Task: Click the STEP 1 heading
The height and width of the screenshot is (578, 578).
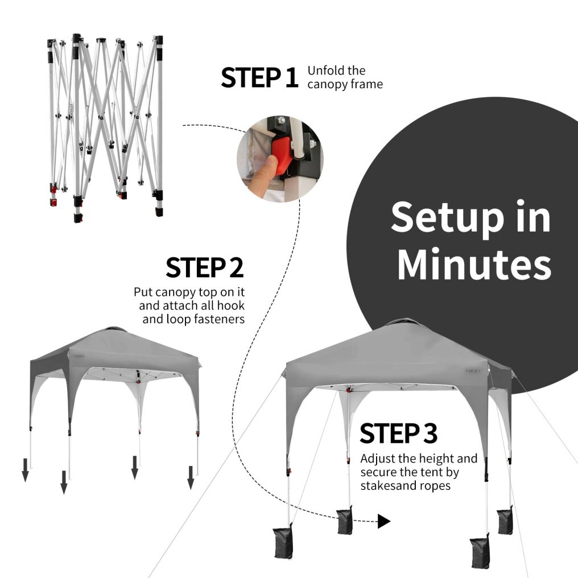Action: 259,77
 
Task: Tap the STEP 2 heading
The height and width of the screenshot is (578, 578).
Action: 205,267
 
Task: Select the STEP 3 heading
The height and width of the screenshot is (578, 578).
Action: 398,433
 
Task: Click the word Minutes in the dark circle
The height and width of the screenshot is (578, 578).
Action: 474,264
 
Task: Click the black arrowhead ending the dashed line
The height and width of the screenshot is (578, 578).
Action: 384,521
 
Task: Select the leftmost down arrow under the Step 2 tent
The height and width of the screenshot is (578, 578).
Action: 25,470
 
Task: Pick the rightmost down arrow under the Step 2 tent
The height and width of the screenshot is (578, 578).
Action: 191,478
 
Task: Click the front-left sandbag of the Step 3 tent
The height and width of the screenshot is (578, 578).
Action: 283,541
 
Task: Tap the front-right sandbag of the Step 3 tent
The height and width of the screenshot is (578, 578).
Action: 480,551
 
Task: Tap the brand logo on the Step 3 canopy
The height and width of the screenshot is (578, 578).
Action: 473,371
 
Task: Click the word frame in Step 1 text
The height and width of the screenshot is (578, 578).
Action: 367,84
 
